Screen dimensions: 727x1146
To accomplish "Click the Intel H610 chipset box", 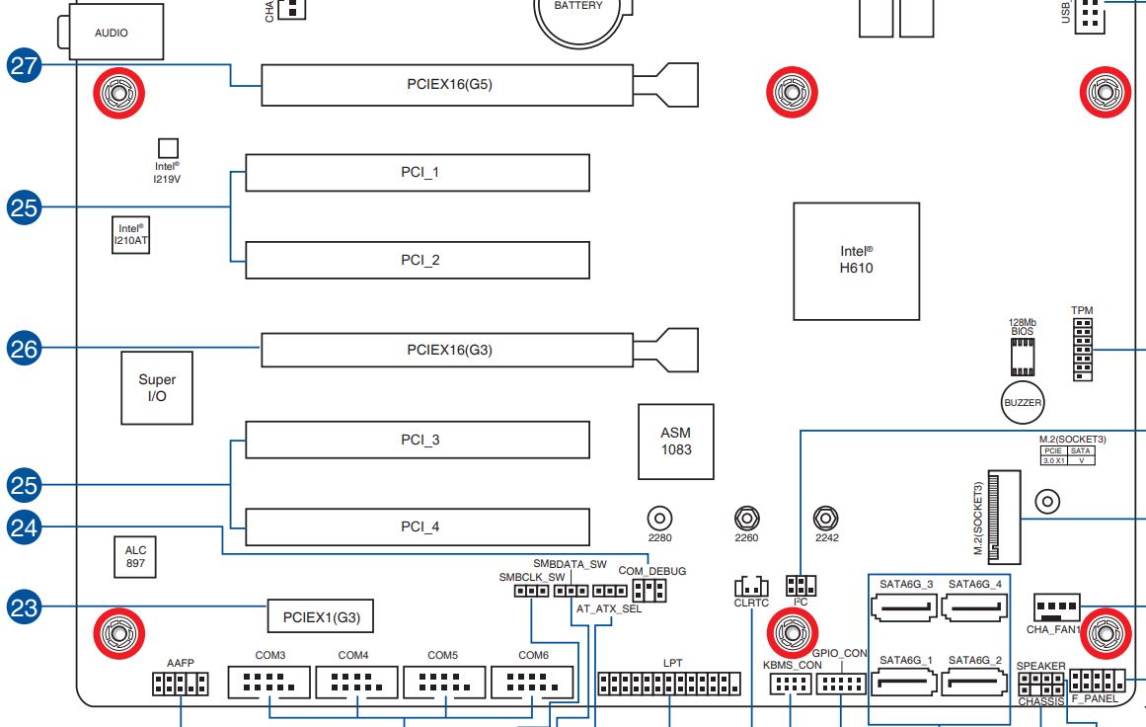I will click(856, 262).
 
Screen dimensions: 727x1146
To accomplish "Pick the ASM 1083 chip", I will click(676, 441).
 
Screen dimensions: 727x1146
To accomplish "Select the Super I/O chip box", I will click(157, 387).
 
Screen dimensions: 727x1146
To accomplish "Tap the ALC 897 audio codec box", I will click(134, 557).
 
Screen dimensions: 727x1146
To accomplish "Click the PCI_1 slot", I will click(418, 173).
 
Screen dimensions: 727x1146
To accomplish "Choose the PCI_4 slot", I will click(418, 526).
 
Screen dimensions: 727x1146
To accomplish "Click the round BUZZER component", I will click(1022, 402).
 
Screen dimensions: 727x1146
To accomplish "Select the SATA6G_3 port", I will click(905, 607).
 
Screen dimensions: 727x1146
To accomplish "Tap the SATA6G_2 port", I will click(975, 683).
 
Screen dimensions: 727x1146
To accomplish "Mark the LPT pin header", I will click(670, 684).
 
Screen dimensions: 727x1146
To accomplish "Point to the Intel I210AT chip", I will click(131, 234).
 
